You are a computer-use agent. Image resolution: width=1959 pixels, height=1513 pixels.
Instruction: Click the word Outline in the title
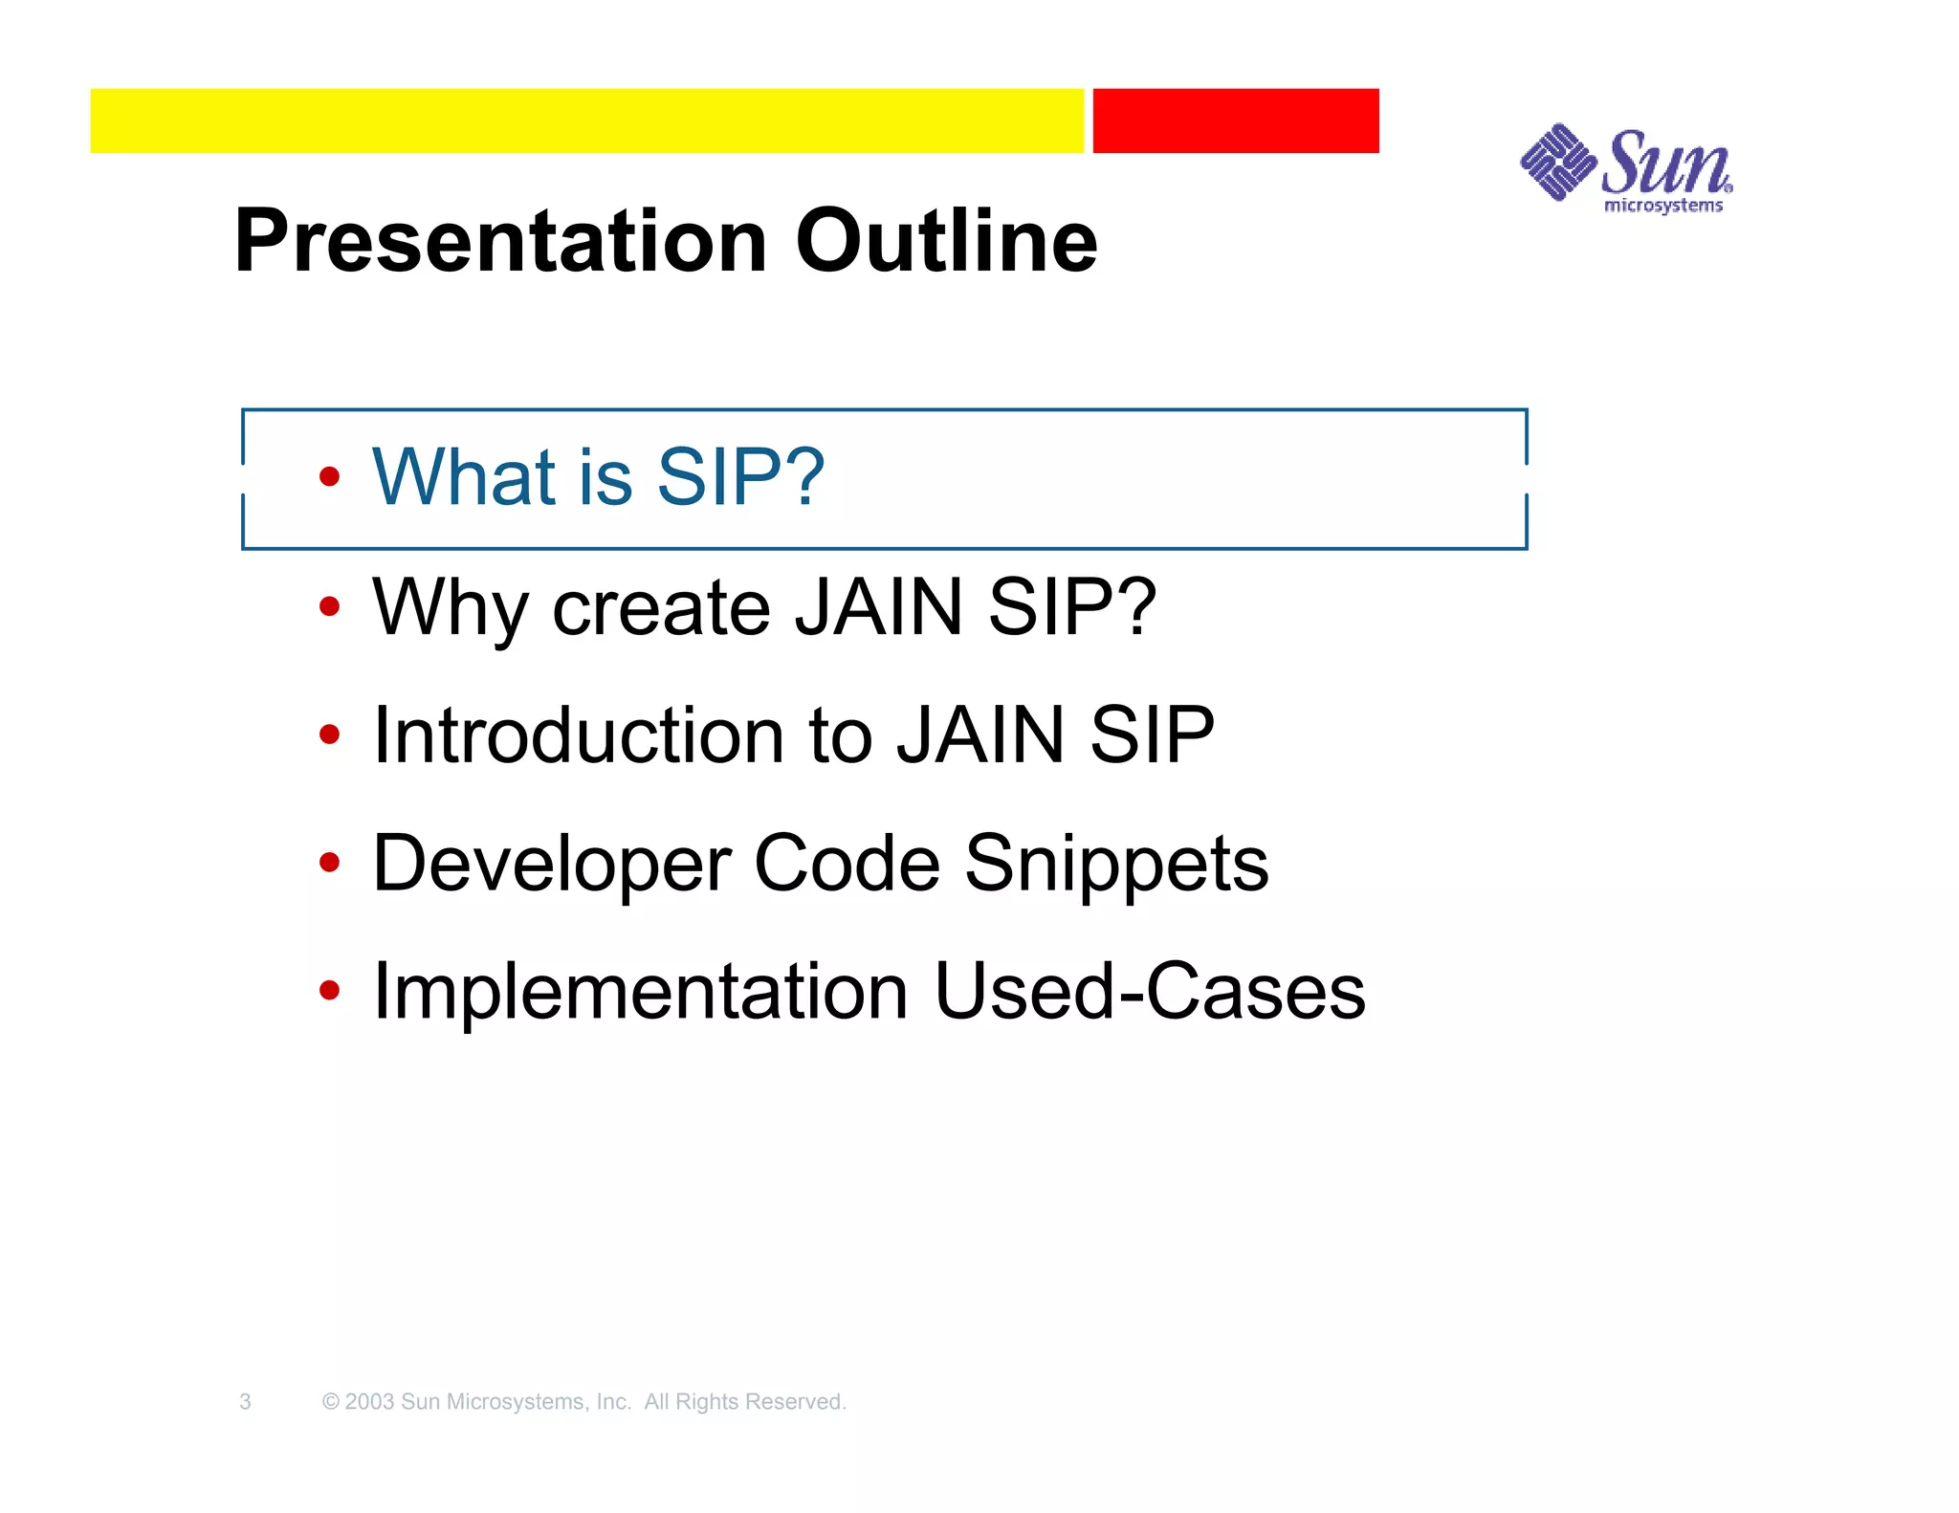946,241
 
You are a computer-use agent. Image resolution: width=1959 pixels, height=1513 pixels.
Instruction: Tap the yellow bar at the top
586,121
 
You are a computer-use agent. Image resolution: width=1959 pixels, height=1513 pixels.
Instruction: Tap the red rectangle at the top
1235,121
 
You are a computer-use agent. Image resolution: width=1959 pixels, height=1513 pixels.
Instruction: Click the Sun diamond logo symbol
1556,162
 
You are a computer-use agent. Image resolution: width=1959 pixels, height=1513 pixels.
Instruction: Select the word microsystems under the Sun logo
1662,206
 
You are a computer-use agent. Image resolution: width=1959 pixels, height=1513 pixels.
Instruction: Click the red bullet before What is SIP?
329,476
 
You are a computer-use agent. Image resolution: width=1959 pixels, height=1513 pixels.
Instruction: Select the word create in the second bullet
661,607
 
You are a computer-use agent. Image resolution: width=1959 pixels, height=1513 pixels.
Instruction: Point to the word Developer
550,864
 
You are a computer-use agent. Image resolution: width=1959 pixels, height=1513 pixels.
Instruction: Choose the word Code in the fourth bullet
847,864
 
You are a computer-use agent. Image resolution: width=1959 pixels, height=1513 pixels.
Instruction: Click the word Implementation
640,992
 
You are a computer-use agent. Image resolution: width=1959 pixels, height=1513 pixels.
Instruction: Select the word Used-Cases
1150,992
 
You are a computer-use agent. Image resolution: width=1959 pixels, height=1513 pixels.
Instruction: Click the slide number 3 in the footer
245,1402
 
